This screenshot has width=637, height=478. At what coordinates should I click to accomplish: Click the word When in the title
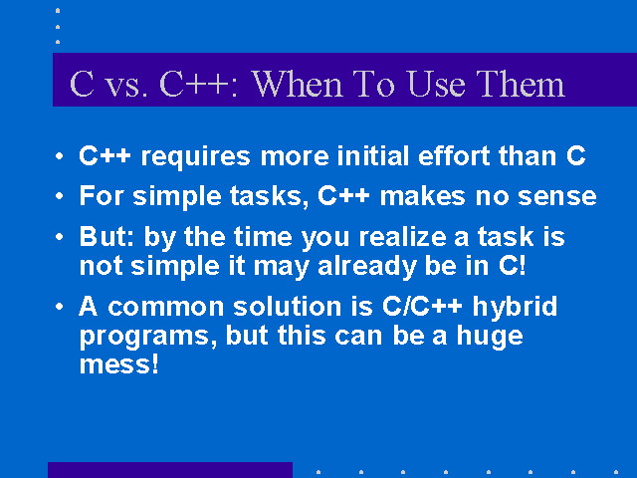pyautogui.click(x=297, y=84)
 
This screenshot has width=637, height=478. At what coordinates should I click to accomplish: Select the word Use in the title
pyautogui.click(x=436, y=84)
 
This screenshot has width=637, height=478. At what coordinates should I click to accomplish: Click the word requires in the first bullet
pyautogui.click(x=195, y=157)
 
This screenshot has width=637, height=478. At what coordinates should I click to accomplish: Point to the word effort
pyautogui.click(x=454, y=155)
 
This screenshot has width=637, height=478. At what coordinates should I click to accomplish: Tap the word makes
pyautogui.click(x=422, y=195)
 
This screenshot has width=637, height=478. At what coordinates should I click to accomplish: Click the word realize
pyautogui.click(x=402, y=236)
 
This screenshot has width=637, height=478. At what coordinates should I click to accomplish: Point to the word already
pyautogui.click(x=367, y=267)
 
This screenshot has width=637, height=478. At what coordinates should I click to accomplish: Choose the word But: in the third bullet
pyautogui.click(x=106, y=236)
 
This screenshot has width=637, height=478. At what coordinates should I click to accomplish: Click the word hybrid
pyautogui.click(x=515, y=308)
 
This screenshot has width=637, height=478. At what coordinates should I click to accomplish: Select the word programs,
pyautogui.click(x=148, y=337)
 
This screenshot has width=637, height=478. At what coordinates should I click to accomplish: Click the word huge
pyautogui.click(x=490, y=337)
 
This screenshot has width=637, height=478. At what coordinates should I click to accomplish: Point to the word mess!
pyautogui.click(x=118, y=364)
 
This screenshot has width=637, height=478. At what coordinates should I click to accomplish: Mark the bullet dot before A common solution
pyautogui.click(x=60, y=306)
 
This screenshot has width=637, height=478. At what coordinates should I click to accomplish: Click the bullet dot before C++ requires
pyautogui.click(x=60, y=155)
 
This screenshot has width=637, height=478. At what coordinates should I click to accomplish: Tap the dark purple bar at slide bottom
pyautogui.click(x=170, y=470)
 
